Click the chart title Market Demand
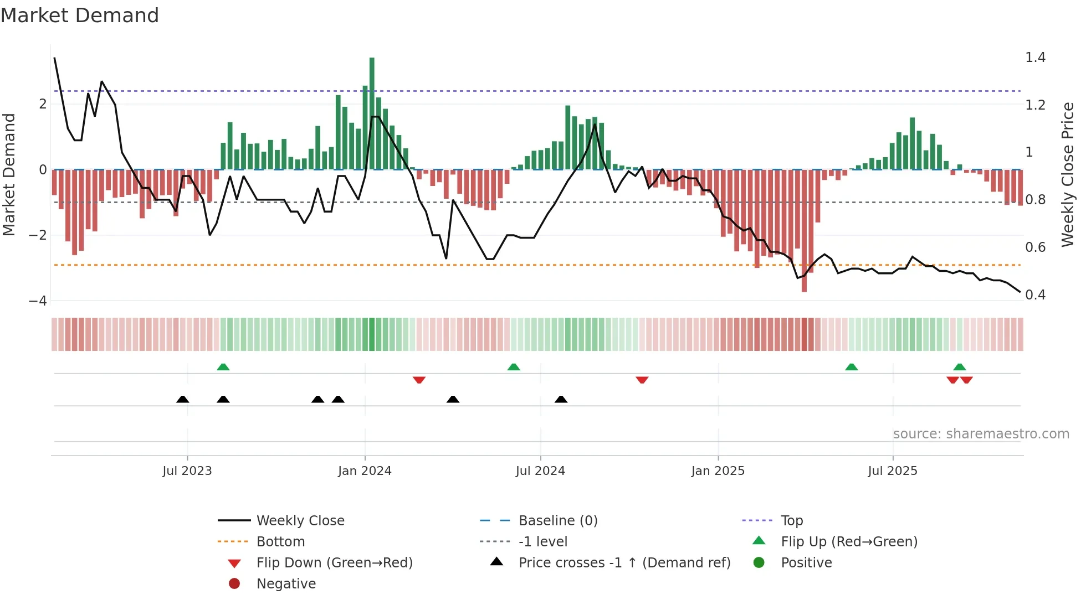pyautogui.click(x=80, y=15)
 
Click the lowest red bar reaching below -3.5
pyautogui.click(x=804, y=232)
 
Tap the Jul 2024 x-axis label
pyautogui.click(x=540, y=471)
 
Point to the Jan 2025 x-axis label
pyautogui.click(x=718, y=471)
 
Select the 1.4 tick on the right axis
pyautogui.click(x=1035, y=58)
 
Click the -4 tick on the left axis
pyautogui.click(x=38, y=301)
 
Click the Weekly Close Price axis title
pyautogui.click(x=1067, y=174)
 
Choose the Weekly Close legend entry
pyautogui.click(x=300, y=521)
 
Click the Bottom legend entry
pyautogui.click(x=280, y=542)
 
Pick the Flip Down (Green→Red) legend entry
pyautogui.click(x=334, y=563)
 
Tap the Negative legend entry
pyautogui.click(x=286, y=584)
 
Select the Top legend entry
pyautogui.click(x=792, y=521)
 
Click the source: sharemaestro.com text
pyautogui.click(x=981, y=434)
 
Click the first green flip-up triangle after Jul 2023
pyautogui.click(x=223, y=367)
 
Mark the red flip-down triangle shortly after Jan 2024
pyautogui.click(x=419, y=380)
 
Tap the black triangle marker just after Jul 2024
pyautogui.click(x=561, y=400)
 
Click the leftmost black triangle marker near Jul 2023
pyautogui.click(x=182, y=400)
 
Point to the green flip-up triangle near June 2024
pyautogui.click(x=514, y=367)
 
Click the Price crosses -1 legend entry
pyautogui.click(x=624, y=563)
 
